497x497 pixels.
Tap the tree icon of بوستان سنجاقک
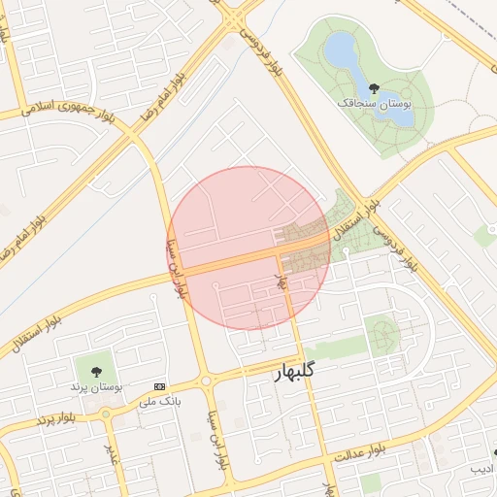tap(375, 88)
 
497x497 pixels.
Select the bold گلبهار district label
tap(289, 373)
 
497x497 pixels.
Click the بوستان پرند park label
tap(94, 386)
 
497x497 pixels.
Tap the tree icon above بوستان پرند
tap(95, 371)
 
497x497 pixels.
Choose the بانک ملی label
tap(161, 400)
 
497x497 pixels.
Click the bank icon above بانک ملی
tap(160, 386)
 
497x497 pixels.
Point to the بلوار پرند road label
tap(57, 416)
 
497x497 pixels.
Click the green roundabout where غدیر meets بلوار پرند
tap(105, 414)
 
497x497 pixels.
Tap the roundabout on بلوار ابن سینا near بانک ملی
tap(206, 381)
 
